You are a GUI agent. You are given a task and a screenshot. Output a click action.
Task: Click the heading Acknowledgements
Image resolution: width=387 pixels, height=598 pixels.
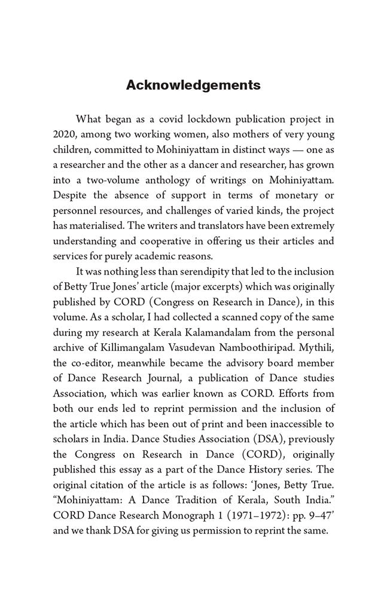tap(193, 86)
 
